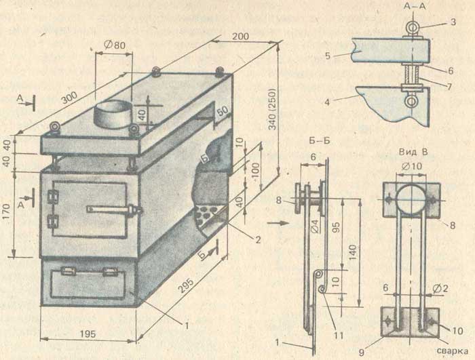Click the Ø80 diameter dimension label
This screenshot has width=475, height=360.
point(115,45)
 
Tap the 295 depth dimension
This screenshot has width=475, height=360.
point(186,285)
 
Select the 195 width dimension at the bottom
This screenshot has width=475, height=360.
point(88,334)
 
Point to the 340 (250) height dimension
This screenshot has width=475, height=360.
point(273,109)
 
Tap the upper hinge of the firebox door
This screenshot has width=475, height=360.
point(53,197)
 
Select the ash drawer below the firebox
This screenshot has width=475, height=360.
point(88,283)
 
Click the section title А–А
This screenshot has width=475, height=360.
point(415,6)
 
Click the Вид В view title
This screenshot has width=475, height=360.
point(413,152)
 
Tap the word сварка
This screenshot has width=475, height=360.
point(453,351)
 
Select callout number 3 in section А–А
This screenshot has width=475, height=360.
point(453,22)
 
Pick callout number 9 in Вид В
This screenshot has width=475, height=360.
point(362,352)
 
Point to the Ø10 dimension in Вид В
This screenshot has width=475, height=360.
point(413,166)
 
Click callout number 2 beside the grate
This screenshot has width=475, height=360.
point(258,240)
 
